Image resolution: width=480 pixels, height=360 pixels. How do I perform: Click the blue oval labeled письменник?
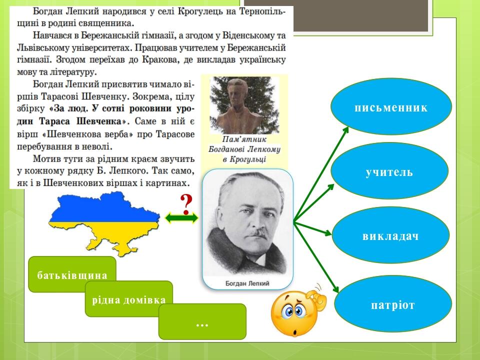[x=391, y=107]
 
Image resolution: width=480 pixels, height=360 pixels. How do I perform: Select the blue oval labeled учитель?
[x=389, y=171]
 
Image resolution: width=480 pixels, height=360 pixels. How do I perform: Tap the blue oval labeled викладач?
[x=390, y=235]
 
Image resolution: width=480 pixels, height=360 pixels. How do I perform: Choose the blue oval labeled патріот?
[x=392, y=304]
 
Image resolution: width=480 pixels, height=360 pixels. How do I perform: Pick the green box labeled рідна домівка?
[x=128, y=299]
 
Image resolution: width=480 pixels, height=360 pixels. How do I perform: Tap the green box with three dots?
[x=202, y=322]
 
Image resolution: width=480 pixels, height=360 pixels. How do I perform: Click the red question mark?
[x=186, y=202]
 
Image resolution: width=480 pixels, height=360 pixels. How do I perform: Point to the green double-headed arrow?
[x=181, y=218]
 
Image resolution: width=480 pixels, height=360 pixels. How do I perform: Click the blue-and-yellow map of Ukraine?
[x=103, y=220]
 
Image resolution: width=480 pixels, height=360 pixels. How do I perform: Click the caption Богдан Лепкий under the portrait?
[x=247, y=283]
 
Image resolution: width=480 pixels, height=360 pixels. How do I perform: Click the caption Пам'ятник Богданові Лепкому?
[x=244, y=148]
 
